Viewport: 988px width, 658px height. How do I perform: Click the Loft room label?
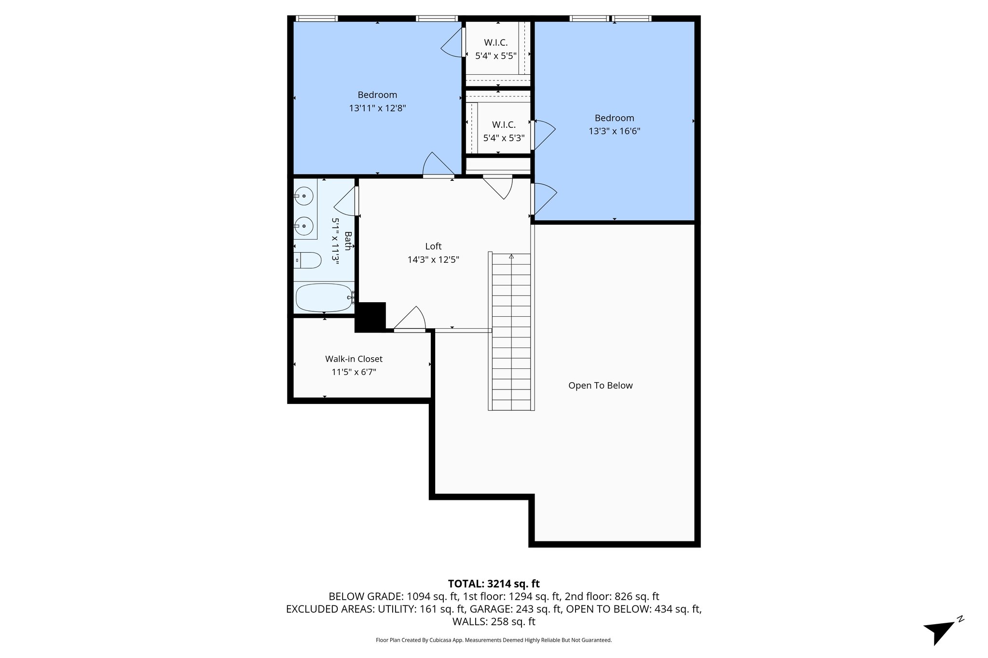pyautogui.click(x=433, y=246)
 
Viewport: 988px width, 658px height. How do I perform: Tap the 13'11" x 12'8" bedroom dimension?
pyautogui.click(x=377, y=108)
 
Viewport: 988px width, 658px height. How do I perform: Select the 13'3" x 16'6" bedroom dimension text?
pyautogui.click(x=614, y=131)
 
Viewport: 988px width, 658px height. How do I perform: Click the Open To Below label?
pyautogui.click(x=600, y=386)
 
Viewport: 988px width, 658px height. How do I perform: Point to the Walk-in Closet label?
pyautogui.click(x=354, y=359)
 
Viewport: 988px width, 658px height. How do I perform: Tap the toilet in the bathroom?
pyautogui.click(x=308, y=260)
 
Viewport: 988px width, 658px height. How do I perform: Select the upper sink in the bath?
pyautogui.click(x=304, y=196)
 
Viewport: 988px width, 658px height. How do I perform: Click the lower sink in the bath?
pyautogui.click(x=304, y=225)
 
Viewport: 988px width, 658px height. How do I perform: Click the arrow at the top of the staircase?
pyautogui.click(x=511, y=256)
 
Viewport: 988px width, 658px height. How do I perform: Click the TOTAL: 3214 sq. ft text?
pyautogui.click(x=494, y=584)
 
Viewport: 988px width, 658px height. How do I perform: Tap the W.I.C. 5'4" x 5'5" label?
pyautogui.click(x=496, y=49)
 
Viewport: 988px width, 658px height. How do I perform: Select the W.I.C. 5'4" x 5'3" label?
pyautogui.click(x=504, y=132)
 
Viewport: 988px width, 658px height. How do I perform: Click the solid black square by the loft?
pyautogui.click(x=370, y=317)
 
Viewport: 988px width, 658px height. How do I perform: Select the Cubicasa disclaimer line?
pyautogui.click(x=494, y=640)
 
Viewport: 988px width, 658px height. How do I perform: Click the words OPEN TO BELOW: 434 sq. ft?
pyautogui.click(x=633, y=609)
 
